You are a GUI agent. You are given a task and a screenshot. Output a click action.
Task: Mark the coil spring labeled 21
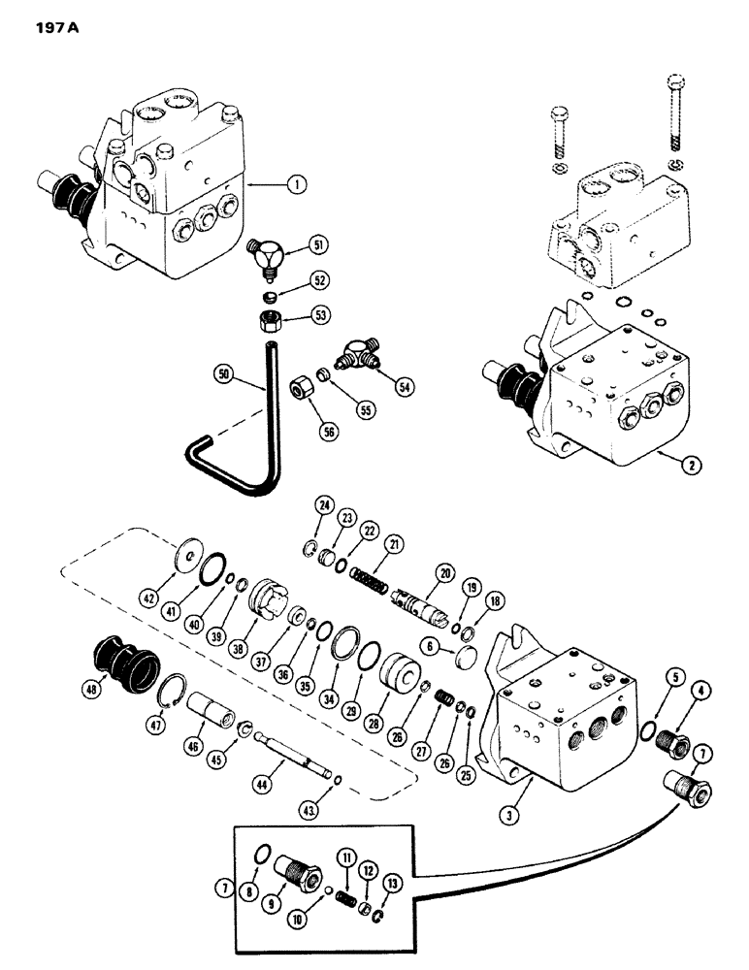point(368,569)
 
